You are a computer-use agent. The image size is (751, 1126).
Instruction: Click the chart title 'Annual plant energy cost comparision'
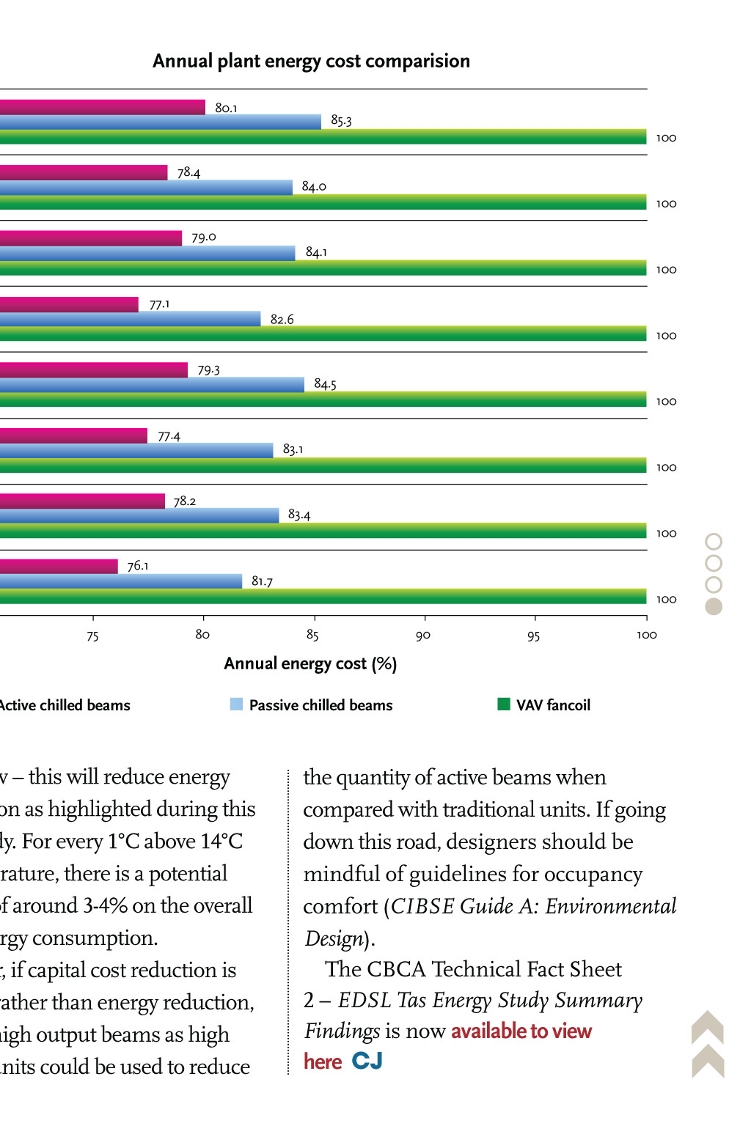tap(311, 61)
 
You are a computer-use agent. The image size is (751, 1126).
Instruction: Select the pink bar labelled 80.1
tap(103, 107)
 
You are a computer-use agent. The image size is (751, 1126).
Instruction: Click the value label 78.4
tap(188, 172)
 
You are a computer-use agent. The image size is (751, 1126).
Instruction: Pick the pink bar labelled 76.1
tap(59, 566)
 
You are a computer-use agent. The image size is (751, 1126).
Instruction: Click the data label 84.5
tap(325, 384)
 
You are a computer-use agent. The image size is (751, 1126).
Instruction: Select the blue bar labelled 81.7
tap(121, 581)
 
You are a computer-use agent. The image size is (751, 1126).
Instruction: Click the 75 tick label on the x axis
tap(92, 636)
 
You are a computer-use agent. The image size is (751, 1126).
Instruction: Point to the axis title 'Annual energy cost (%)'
tap(310, 664)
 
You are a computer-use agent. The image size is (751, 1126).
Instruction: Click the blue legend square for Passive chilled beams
tap(236, 704)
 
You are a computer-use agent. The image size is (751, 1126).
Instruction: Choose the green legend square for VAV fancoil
tap(504, 704)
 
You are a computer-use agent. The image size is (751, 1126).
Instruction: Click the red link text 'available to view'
tap(521, 1031)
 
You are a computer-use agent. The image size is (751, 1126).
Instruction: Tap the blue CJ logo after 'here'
tap(367, 1061)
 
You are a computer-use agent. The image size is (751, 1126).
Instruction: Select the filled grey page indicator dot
tap(714, 606)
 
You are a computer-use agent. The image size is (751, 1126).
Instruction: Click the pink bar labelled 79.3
tap(94, 370)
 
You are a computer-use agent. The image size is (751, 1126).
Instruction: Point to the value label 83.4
tap(298, 515)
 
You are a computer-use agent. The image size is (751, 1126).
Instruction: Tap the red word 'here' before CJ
tap(323, 1062)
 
